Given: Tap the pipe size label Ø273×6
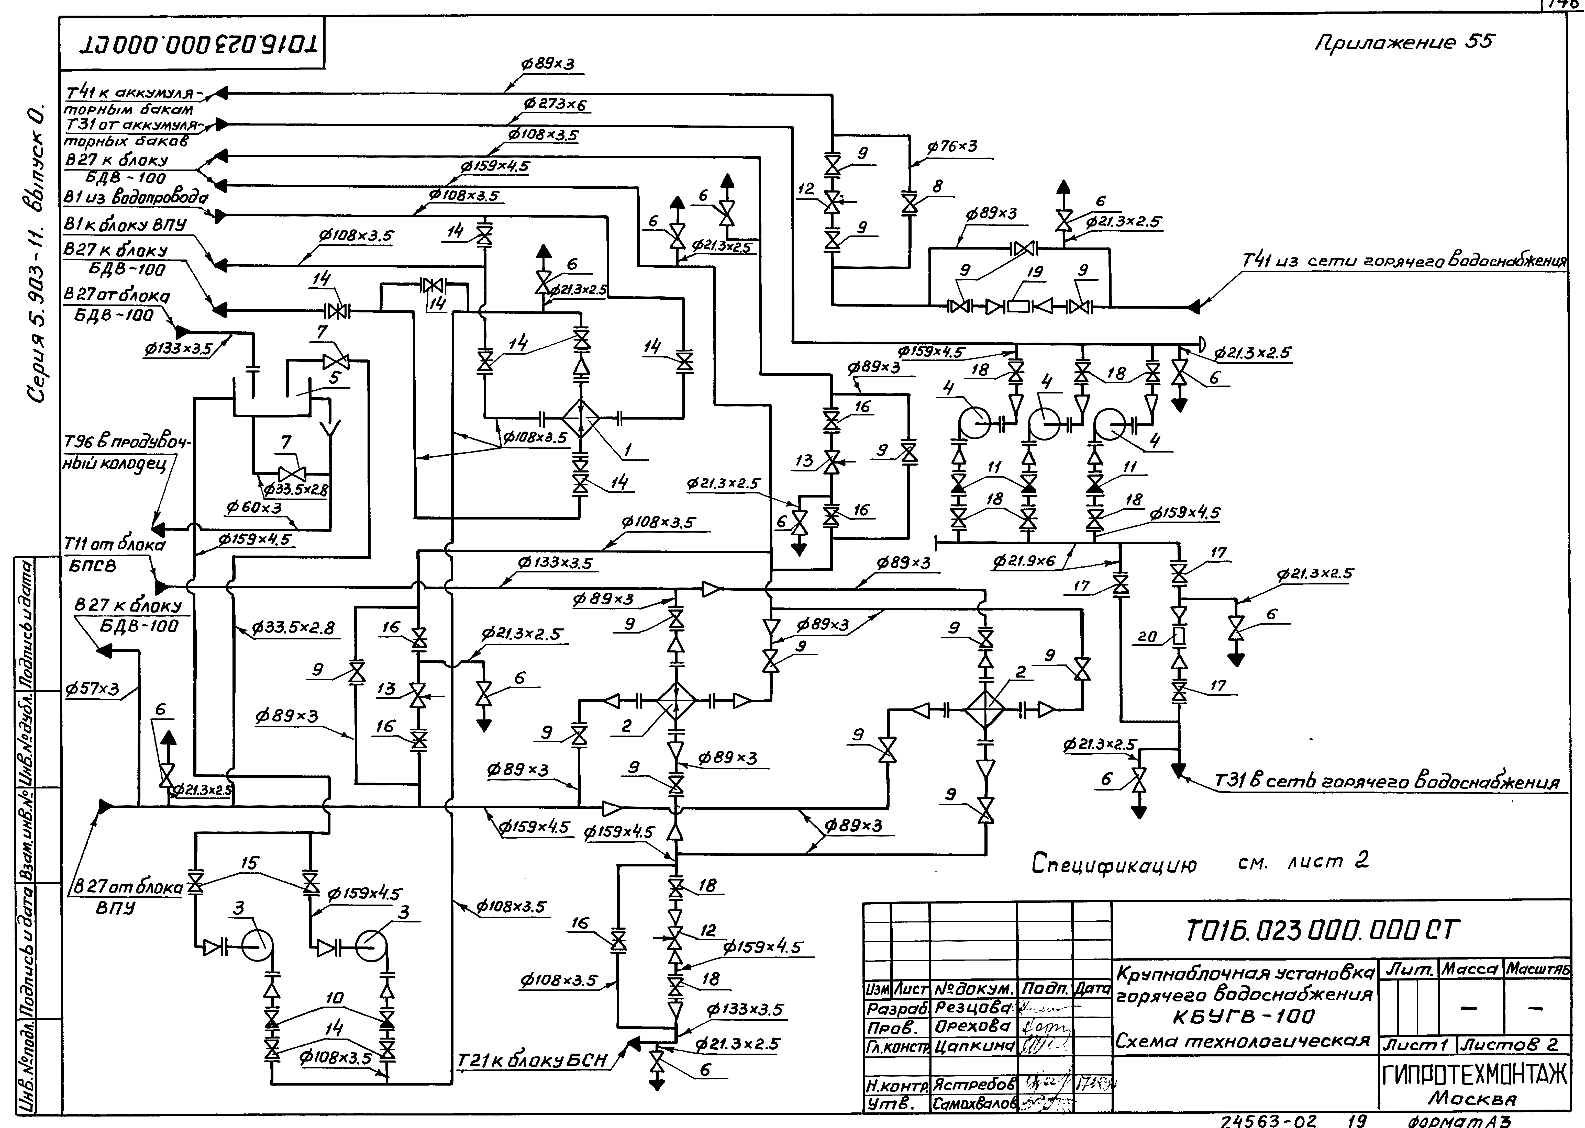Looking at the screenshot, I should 556,105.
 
